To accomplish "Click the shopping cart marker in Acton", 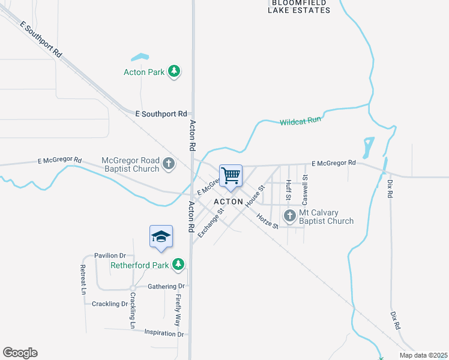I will coord(231,176).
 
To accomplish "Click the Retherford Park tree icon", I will coord(178,264).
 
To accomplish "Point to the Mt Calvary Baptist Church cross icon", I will coord(290,216).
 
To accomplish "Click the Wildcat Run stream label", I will coord(300,121).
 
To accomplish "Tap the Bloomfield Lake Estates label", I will coord(298,6).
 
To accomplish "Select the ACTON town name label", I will coord(228,202).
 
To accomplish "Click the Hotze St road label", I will coord(267,221).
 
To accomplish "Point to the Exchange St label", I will coord(211,222).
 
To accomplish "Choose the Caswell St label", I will coord(305,187).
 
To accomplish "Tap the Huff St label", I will coord(289,190).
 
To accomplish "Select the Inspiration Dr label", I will coord(163,333).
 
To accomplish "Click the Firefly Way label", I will coord(178,310).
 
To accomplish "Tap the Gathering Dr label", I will coord(166,286).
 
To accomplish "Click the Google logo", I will coord(20,353).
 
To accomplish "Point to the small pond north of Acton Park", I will coord(140,58).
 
